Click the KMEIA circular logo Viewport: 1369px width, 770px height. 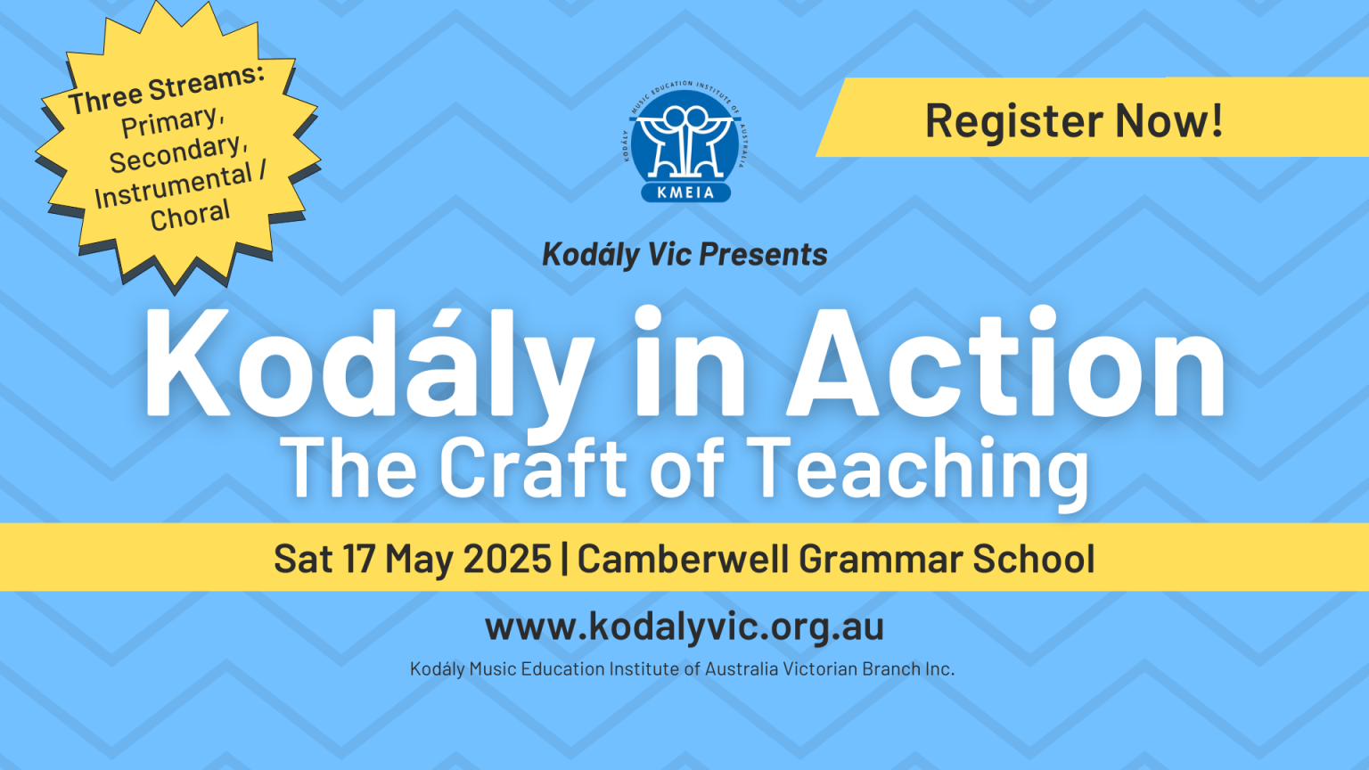coord(685,141)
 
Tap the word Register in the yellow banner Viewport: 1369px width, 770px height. coord(1013,121)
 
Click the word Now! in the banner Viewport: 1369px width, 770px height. coord(1168,119)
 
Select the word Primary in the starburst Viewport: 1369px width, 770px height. coord(170,121)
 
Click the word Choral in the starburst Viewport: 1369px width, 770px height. coord(190,215)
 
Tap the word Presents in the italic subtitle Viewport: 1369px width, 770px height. coord(763,254)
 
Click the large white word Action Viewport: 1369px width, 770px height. coord(1005,363)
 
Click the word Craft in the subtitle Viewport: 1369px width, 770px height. coord(534,468)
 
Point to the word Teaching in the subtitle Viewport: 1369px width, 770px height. coord(917,473)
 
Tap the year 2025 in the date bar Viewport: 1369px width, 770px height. coord(506,558)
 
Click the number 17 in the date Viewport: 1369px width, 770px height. coord(358,558)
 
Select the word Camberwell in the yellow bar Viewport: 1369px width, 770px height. coord(683,558)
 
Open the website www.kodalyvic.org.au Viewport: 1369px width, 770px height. coord(684,627)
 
